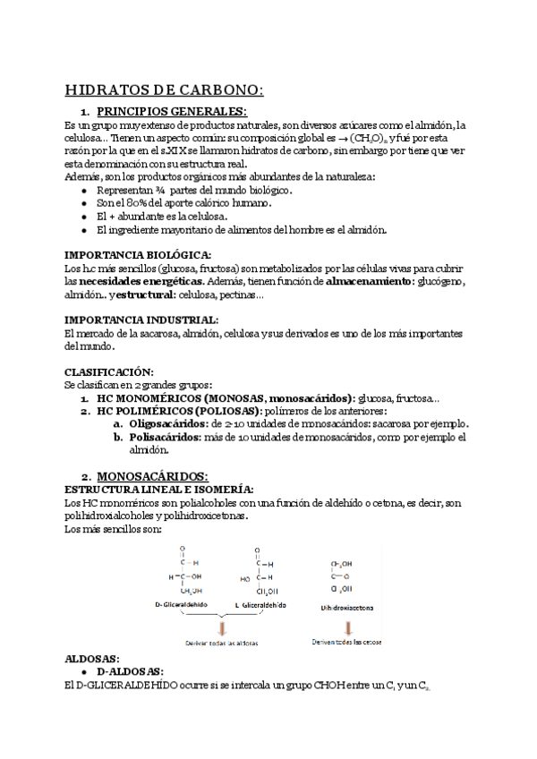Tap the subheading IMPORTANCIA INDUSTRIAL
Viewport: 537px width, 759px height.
click(x=141, y=320)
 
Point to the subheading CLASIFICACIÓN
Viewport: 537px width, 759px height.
click(x=109, y=371)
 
